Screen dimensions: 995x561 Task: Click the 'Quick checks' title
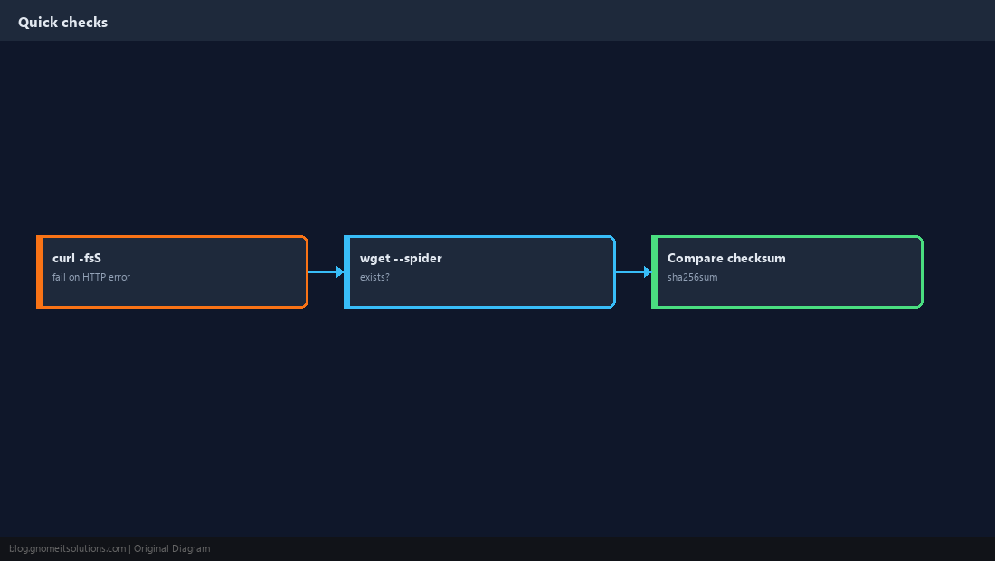point(62,23)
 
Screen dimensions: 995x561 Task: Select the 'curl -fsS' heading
point(77,258)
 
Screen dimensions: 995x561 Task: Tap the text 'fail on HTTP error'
point(90,277)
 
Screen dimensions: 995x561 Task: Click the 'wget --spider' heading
point(401,258)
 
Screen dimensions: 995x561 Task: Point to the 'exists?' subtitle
point(374,277)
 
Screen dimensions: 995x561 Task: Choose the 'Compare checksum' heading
point(726,258)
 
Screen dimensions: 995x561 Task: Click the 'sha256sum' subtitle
point(692,277)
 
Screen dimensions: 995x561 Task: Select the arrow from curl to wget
point(327,272)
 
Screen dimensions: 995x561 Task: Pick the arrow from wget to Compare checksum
point(633,272)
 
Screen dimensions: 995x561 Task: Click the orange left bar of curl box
point(39,272)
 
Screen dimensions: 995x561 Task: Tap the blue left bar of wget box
point(347,272)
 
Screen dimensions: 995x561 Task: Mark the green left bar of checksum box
point(655,272)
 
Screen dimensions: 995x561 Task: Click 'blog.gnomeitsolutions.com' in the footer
point(67,549)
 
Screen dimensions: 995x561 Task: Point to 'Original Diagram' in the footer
point(172,549)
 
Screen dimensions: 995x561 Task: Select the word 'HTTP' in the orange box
point(94,277)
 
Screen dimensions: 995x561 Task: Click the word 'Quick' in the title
point(38,23)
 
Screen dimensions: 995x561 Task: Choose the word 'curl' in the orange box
point(63,258)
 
